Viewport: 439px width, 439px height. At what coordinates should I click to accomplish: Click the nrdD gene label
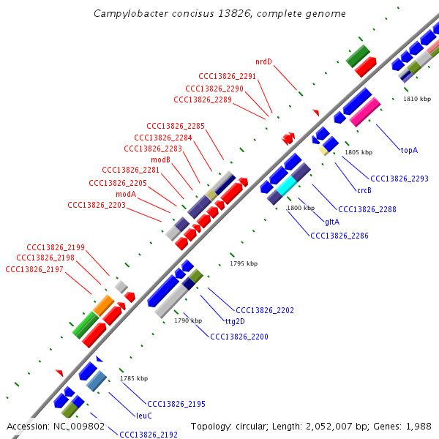263,61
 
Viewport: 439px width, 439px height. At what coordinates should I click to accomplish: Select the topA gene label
409,150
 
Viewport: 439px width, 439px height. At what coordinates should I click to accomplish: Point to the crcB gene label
364,190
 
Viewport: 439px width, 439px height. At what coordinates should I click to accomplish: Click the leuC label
144,416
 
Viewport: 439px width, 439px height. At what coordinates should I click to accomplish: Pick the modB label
160,160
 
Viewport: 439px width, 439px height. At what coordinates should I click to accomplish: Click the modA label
126,194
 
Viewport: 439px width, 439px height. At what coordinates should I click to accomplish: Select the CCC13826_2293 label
399,179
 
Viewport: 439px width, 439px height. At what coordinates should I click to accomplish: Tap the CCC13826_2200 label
239,337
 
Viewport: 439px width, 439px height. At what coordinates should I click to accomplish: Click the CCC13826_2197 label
34,269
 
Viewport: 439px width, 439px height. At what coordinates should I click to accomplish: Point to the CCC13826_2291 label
228,76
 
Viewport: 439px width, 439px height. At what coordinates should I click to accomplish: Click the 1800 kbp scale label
301,209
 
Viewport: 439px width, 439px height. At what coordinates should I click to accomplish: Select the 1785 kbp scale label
134,378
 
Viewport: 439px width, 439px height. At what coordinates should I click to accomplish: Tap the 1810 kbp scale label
417,99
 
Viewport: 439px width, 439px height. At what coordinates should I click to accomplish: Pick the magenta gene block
365,112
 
